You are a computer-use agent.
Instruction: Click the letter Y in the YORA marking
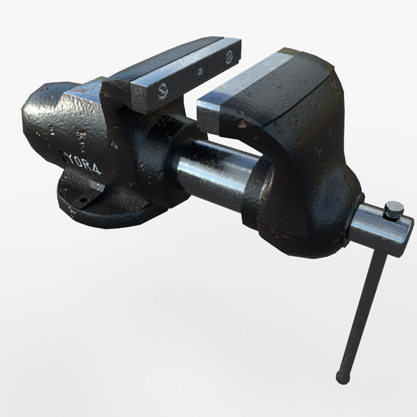click(69, 157)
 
